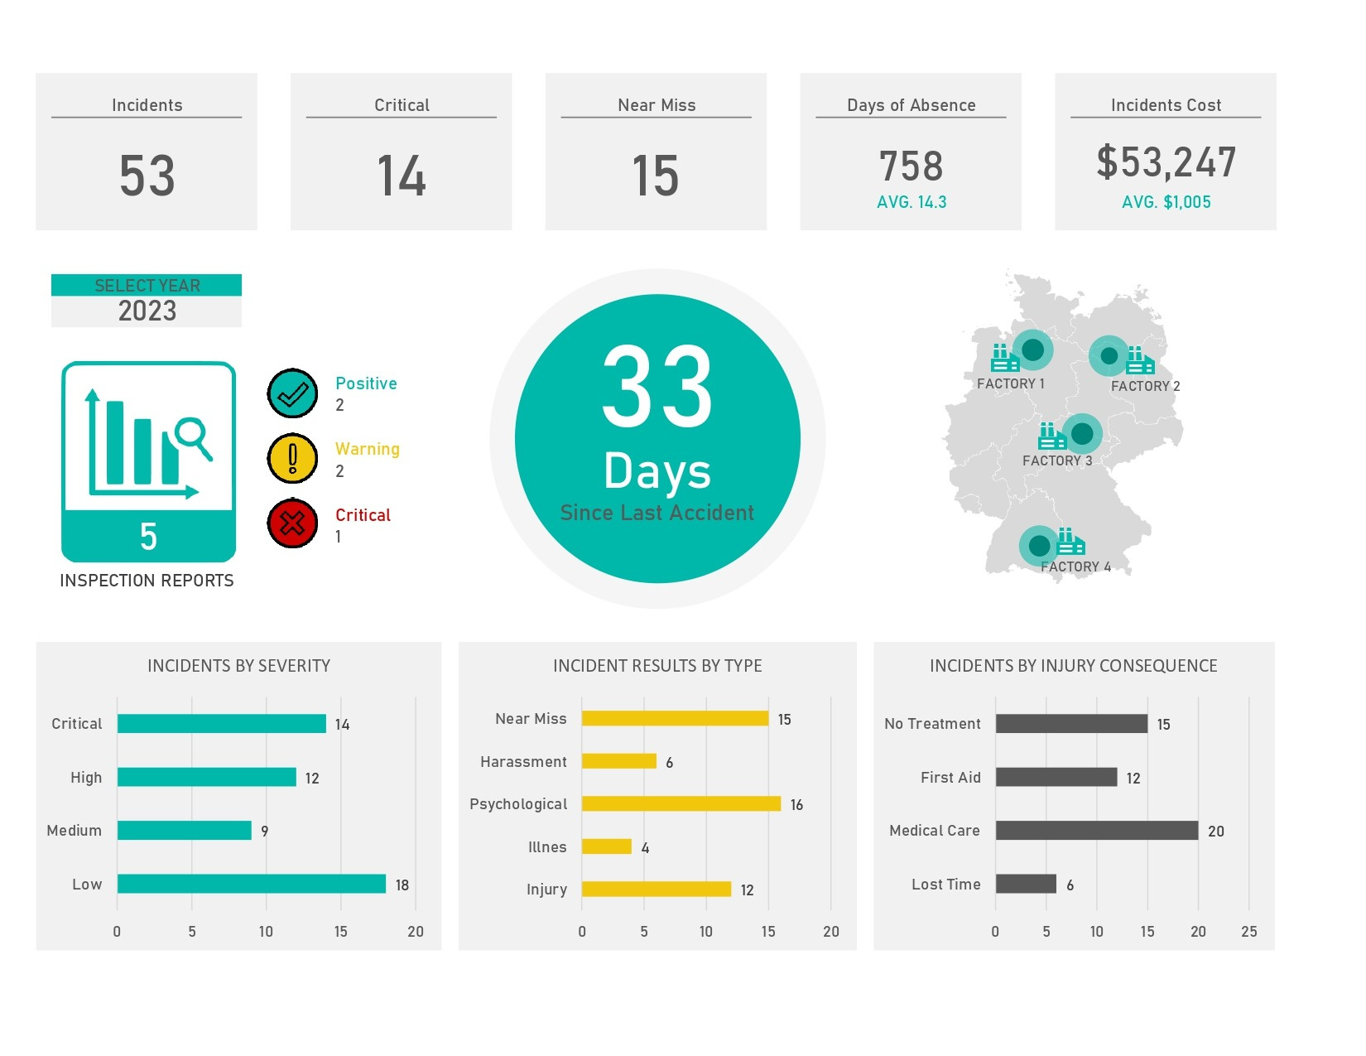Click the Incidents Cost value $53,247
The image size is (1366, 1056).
[x=1166, y=162]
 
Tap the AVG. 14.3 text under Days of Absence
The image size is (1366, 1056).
[x=911, y=202]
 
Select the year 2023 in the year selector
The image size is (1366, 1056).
[x=147, y=311]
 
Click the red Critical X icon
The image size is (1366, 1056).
[x=292, y=523]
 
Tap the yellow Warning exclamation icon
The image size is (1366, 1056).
[x=292, y=458]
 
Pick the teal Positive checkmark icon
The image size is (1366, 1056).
[x=292, y=393]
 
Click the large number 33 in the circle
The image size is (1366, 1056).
[x=657, y=388]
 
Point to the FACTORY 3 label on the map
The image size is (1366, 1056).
[x=1056, y=460]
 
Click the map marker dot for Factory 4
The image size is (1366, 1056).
[x=1039, y=545]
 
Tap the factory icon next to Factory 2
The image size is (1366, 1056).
[x=1139, y=361]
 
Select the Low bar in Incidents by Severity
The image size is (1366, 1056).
[x=251, y=884]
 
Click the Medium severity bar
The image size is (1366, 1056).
[x=184, y=830]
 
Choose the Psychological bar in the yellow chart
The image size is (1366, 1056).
[x=681, y=803]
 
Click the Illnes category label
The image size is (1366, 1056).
[x=547, y=846]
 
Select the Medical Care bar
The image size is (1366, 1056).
[x=1096, y=830]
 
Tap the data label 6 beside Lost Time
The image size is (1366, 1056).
[x=1070, y=885]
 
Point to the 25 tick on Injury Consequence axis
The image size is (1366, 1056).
[x=1248, y=932]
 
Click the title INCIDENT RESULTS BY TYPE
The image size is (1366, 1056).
[x=657, y=666]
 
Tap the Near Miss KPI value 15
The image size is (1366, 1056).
[x=655, y=176]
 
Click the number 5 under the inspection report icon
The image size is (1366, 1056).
[x=148, y=537]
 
